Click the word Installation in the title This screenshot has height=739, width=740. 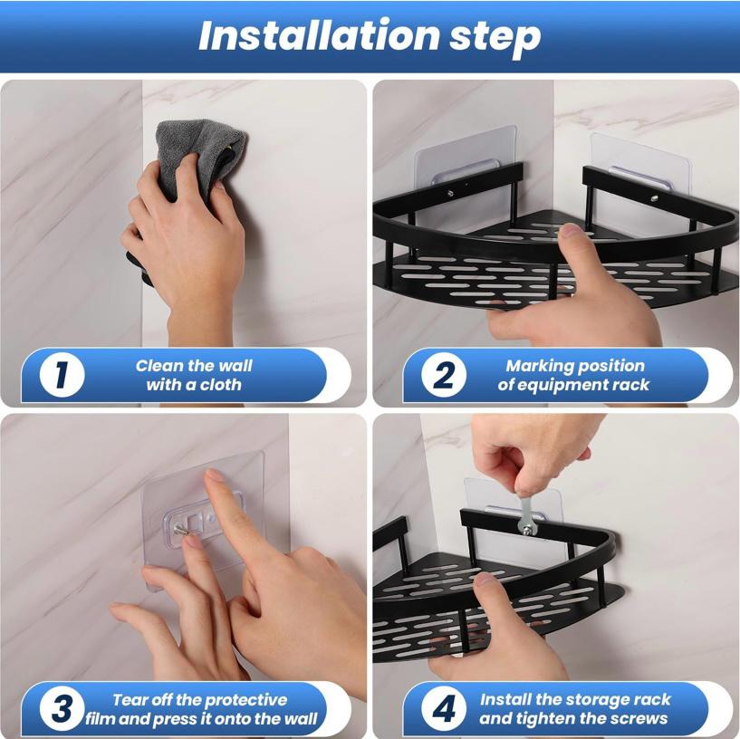click(x=319, y=35)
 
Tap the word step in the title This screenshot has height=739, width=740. click(x=495, y=38)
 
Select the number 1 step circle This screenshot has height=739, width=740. click(x=62, y=375)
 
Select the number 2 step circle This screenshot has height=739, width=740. click(x=444, y=375)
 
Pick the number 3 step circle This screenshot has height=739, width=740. click(x=62, y=709)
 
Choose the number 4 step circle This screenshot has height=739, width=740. click(x=444, y=709)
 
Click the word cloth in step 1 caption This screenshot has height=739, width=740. click(x=220, y=385)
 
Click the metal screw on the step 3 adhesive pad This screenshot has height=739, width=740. click(x=180, y=531)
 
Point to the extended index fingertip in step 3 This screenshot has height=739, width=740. click(x=213, y=476)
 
